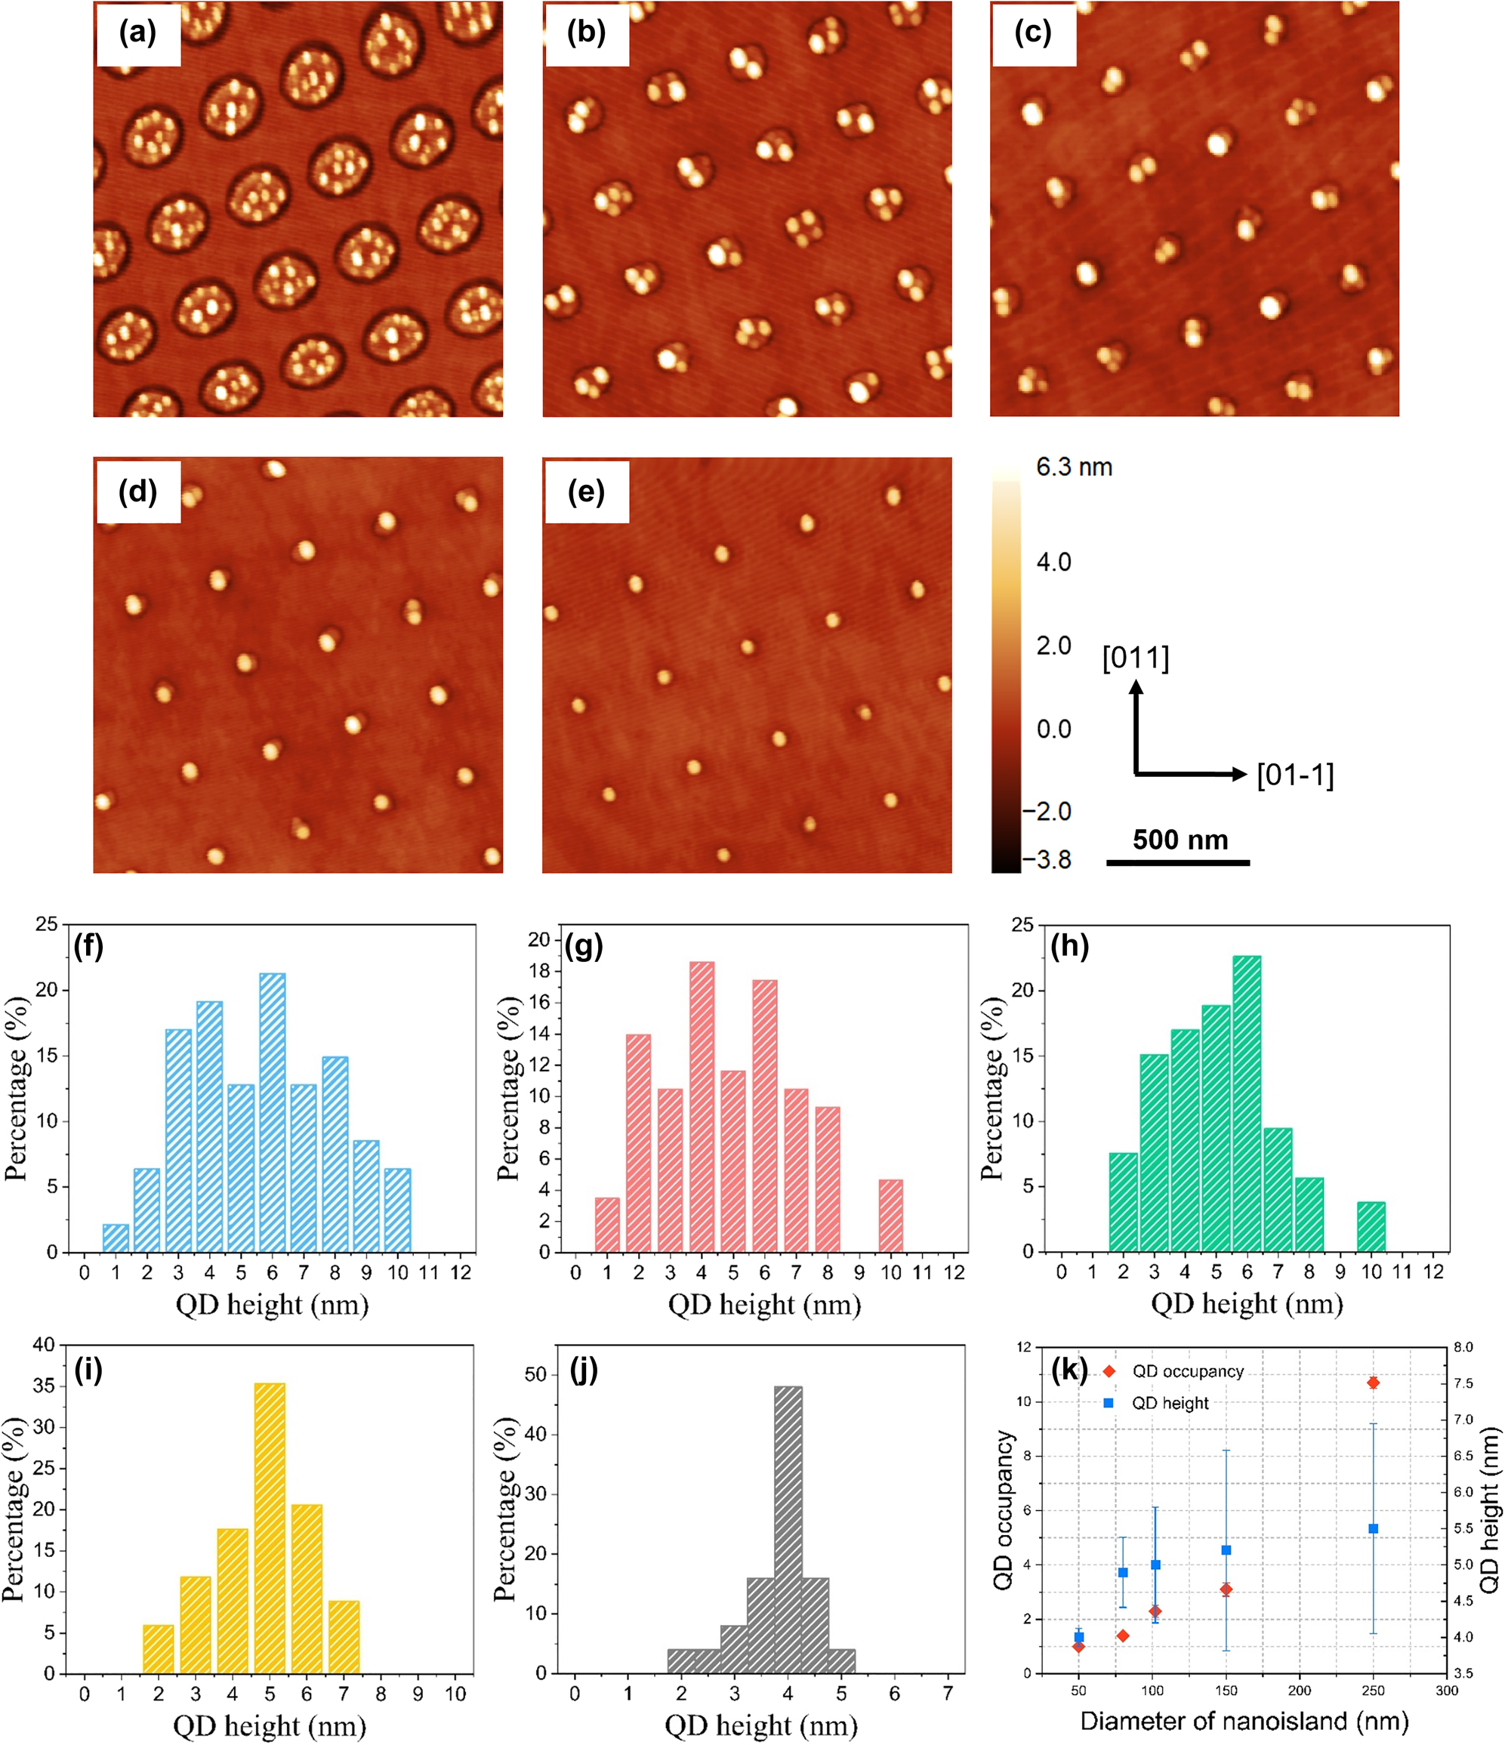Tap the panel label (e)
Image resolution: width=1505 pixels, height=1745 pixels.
(x=585, y=491)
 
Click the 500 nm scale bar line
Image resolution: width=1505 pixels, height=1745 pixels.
(x=1177, y=862)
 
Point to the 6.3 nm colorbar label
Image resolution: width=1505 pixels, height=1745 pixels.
(x=1074, y=467)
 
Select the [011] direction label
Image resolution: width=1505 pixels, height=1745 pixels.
(x=1135, y=658)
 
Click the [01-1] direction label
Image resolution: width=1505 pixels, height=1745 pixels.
(x=1294, y=775)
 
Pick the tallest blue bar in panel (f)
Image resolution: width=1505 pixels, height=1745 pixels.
(x=272, y=1111)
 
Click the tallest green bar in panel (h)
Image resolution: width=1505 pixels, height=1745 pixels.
(x=1247, y=1103)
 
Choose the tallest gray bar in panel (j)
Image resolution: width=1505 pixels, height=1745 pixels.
(x=788, y=1528)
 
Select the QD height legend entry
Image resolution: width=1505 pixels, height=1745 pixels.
(x=1170, y=1403)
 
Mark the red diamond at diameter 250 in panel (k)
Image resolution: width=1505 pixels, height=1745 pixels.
(x=1373, y=1383)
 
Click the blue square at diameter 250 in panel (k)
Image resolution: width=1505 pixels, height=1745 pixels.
(x=1373, y=1528)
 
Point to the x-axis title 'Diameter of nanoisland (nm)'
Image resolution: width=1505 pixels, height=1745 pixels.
(x=1244, y=1721)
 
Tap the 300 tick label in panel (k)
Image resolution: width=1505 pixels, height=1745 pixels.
(x=1446, y=1691)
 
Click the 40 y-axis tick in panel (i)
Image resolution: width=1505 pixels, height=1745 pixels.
(x=44, y=1345)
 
